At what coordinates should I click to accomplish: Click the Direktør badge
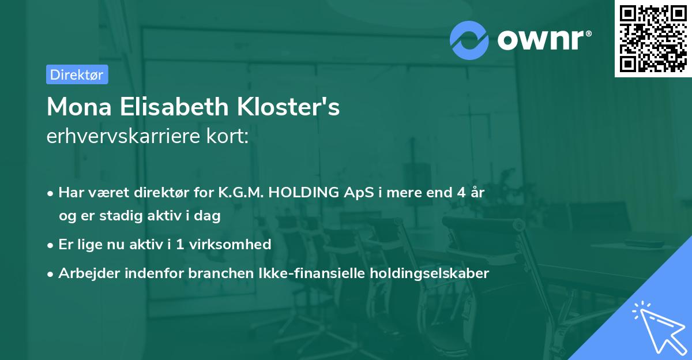77,74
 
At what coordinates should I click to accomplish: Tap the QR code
653,38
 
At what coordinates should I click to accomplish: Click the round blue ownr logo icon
469,40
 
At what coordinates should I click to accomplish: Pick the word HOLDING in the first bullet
302,193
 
